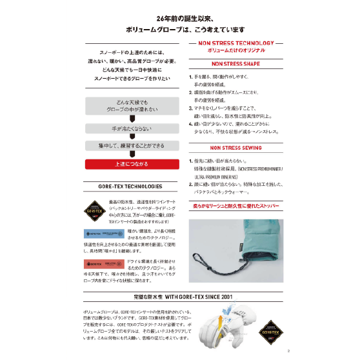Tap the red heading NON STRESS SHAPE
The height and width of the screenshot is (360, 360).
235,64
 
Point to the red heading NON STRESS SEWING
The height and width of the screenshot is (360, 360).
235,148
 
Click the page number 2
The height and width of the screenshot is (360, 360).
289,352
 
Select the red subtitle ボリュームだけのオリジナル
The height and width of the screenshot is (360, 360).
235,50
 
